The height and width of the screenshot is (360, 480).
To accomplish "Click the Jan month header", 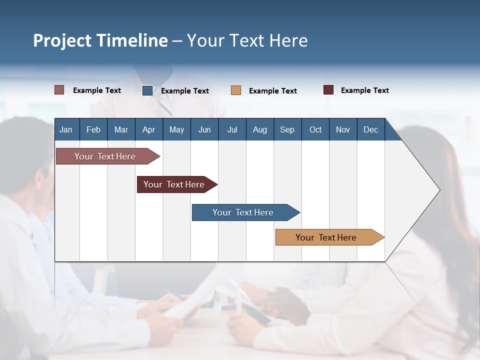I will [x=66, y=129].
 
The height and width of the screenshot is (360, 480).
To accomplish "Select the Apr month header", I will [x=149, y=129].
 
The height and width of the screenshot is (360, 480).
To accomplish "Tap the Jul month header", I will [x=232, y=129].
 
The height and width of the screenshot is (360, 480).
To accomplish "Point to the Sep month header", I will [x=287, y=129].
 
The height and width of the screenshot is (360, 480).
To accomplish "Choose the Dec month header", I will [x=370, y=129].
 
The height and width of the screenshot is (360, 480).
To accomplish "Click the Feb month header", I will [x=93, y=129].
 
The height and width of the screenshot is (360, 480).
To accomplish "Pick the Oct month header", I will [x=315, y=129].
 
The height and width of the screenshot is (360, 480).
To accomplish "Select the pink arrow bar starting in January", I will [x=105, y=156].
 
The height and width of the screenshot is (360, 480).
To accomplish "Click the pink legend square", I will [x=59, y=90].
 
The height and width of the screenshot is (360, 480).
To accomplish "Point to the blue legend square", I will [x=147, y=90].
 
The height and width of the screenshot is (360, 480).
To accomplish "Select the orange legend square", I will [x=236, y=90].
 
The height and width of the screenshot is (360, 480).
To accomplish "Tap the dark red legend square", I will [x=328, y=90].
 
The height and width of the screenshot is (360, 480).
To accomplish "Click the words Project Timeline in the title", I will [x=100, y=40].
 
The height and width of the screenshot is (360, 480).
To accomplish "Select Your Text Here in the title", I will [x=247, y=40].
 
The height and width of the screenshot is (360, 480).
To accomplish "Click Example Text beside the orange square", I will [x=272, y=91].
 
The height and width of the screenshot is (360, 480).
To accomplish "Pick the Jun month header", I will [x=204, y=129].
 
